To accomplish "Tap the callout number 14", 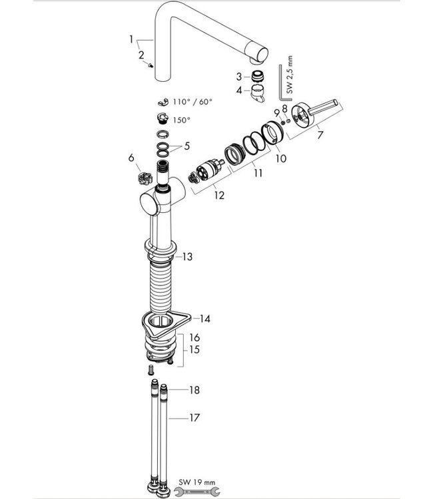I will (x=205, y=319).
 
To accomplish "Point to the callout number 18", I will (x=193, y=389).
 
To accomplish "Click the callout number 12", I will (x=219, y=196).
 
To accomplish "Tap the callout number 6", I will (x=131, y=157).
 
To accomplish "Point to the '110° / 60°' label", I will (x=192, y=102).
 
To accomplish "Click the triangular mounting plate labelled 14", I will (x=166, y=324).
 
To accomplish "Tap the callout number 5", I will (x=187, y=146).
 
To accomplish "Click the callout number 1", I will (x=131, y=40).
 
